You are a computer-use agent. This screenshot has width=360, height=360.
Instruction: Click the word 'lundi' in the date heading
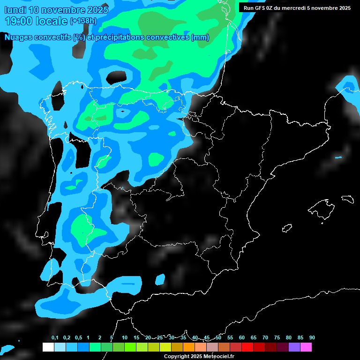[15, 9]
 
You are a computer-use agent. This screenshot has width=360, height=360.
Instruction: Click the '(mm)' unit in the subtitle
[200, 37]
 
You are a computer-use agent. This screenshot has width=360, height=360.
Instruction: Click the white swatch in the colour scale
[48, 347]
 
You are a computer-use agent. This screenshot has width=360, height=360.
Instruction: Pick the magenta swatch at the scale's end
[306, 347]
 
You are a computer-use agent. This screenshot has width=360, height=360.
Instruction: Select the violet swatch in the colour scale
[294, 347]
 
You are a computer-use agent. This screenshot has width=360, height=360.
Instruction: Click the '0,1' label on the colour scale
[55, 338]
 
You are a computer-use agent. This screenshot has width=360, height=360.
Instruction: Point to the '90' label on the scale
[312, 338]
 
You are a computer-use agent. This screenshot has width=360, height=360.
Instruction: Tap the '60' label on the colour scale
[242, 338]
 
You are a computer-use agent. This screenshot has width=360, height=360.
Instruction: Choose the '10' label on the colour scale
[125, 338]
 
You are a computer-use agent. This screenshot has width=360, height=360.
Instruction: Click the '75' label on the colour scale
[277, 338]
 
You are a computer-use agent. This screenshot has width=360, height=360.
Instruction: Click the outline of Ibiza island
[287, 229]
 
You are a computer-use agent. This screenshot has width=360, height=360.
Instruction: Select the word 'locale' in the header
[52, 21]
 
